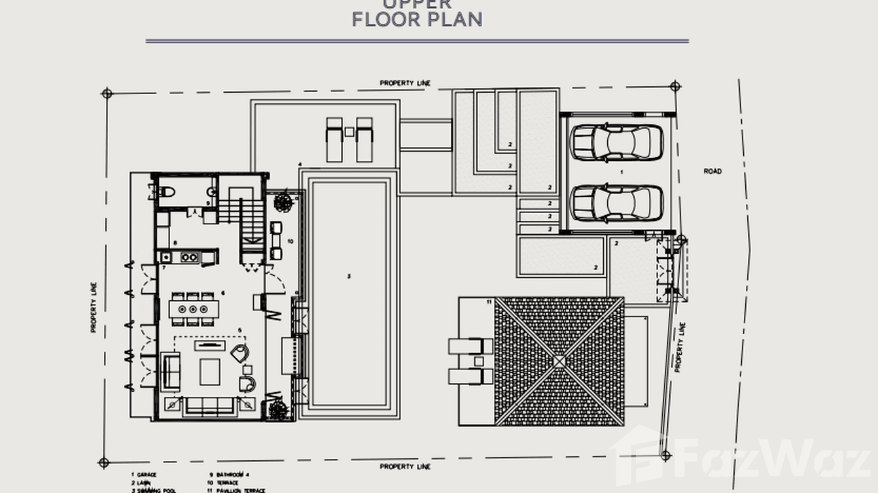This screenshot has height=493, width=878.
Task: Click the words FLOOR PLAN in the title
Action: coord(417,20)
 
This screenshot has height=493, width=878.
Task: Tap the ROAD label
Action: coord(712,171)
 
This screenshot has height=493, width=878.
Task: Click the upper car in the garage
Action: coord(616,143)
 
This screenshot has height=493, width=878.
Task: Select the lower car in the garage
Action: coord(616,203)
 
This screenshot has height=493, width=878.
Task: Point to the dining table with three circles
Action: coord(193,309)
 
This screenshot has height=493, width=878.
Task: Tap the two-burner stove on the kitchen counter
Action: coord(190,258)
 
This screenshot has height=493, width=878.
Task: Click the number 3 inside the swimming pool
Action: coord(349,277)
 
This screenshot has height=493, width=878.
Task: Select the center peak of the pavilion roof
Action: coord(559,361)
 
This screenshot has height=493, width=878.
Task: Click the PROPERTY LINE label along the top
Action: coord(405,83)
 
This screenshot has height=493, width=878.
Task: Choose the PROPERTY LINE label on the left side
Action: coord(94,307)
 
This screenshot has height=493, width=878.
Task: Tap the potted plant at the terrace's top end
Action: coord(283,202)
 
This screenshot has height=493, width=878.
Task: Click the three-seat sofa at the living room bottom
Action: coord(210,406)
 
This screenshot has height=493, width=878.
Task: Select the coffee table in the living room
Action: coord(210,371)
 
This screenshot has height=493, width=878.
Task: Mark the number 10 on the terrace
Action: coord(290,241)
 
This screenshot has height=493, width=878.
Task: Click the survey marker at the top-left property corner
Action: coord(107,93)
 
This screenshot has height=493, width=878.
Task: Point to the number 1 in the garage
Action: coord(621,171)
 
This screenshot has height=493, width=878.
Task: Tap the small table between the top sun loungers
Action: coord(349,132)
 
